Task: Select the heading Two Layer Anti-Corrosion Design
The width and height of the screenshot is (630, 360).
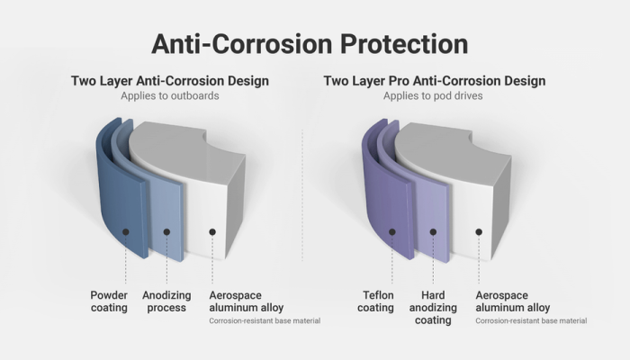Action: click(x=169, y=81)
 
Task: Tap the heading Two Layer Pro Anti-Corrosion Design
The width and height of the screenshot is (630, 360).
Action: click(x=434, y=81)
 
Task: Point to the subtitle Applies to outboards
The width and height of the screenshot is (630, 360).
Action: click(x=169, y=95)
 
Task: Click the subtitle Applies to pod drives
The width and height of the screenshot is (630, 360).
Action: click(x=434, y=95)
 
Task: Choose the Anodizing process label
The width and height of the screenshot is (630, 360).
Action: click(x=166, y=301)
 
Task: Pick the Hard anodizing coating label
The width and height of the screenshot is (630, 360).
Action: click(x=434, y=307)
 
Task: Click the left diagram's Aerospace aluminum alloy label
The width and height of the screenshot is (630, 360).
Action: click(x=247, y=301)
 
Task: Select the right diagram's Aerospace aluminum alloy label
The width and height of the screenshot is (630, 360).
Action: click(x=513, y=301)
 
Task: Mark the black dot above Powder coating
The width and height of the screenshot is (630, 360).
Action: click(x=126, y=231)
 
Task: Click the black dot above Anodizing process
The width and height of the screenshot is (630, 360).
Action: click(x=166, y=231)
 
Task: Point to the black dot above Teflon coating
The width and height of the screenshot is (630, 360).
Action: click(x=392, y=231)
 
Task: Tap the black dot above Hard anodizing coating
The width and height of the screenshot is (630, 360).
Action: click(x=433, y=231)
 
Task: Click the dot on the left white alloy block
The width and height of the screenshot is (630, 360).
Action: click(x=212, y=231)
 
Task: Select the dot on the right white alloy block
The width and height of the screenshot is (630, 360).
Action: click(x=479, y=231)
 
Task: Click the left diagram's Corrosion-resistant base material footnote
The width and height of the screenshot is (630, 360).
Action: click(x=265, y=321)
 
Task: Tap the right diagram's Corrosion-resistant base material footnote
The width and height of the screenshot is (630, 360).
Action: click(x=531, y=321)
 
